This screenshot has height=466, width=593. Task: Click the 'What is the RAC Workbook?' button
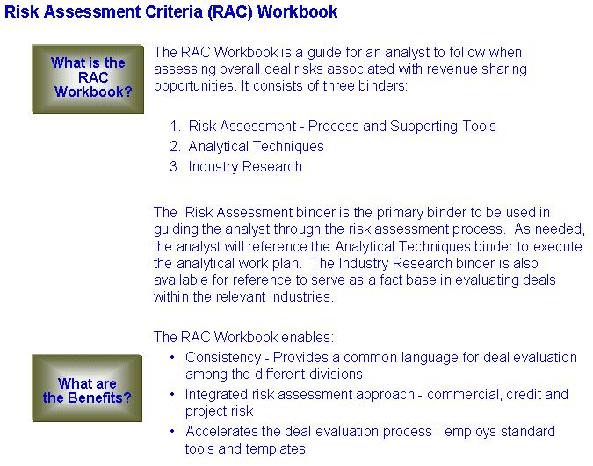pyautogui.click(x=88, y=79)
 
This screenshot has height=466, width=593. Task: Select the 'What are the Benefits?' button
pyautogui.click(x=87, y=388)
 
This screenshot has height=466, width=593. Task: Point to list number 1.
pyautogui.click(x=176, y=126)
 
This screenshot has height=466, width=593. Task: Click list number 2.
pyautogui.click(x=175, y=147)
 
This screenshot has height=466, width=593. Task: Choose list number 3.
pyautogui.click(x=175, y=166)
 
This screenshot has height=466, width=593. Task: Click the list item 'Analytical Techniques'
pyautogui.click(x=256, y=147)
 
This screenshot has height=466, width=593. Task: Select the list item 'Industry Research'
pyautogui.click(x=245, y=167)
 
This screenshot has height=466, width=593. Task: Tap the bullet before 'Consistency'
pyautogui.click(x=172, y=357)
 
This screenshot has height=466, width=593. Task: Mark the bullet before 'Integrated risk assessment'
pyautogui.click(x=172, y=394)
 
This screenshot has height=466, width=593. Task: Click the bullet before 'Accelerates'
pyautogui.click(x=172, y=431)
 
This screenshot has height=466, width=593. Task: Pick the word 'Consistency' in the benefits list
pyautogui.click(x=223, y=358)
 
